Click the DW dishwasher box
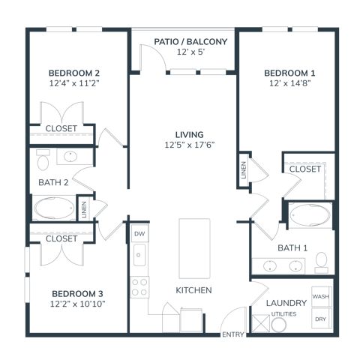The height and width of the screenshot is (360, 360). pyautogui.click(x=140, y=233)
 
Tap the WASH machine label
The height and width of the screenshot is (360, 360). pyautogui.click(x=321, y=296)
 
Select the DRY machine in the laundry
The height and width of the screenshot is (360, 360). pyautogui.click(x=322, y=318)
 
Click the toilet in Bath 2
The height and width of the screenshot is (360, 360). pyautogui.click(x=43, y=160)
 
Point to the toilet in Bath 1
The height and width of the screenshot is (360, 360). pyautogui.click(x=322, y=262)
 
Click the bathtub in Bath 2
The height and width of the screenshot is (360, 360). pyautogui.click(x=54, y=208)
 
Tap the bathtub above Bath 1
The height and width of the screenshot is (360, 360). pyautogui.click(x=310, y=215)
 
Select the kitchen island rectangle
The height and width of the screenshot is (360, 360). pyautogui.click(x=194, y=248)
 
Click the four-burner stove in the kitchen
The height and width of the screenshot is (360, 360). pyautogui.click(x=139, y=287)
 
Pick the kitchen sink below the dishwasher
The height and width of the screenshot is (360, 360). pyautogui.click(x=139, y=255)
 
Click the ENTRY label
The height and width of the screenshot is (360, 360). pyautogui.click(x=232, y=334)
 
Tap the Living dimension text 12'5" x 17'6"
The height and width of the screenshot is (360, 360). pyautogui.click(x=190, y=145)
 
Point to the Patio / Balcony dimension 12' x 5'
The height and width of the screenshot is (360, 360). pyautogui.click(x=190, y=52)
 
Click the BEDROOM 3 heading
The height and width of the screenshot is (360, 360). pyautogui.click(x=77, y=293)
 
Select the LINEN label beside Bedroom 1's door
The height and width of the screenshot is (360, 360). pyautogui.click(x=244, y=170)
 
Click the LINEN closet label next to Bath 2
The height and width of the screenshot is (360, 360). pyautogui.click(x=84, y=209)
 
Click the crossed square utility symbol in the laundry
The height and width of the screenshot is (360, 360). pyautogui.click(x=261, y=324)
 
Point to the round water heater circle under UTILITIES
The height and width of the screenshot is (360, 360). pyautogui.click(x=278, y=325)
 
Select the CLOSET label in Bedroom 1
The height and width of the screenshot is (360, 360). pyautogui.click(x=305, y=169)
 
